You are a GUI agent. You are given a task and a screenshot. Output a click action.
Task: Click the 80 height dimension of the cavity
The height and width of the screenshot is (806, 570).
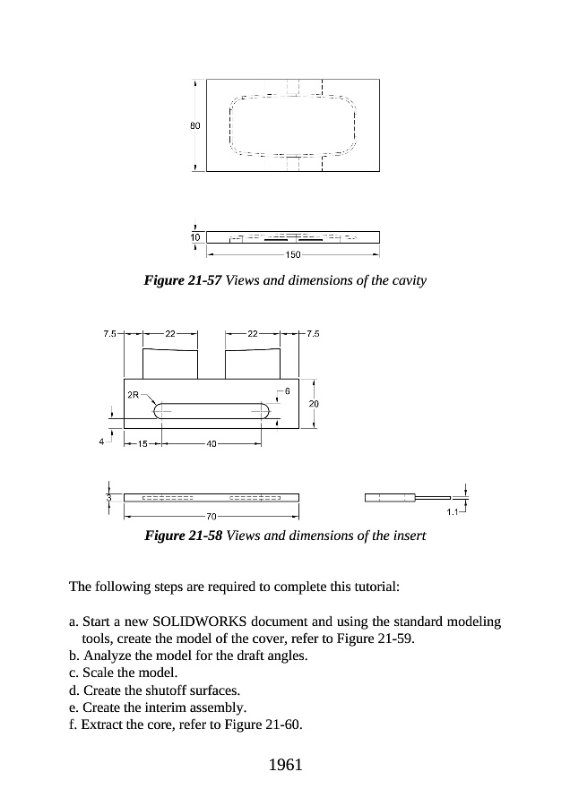(194, 125)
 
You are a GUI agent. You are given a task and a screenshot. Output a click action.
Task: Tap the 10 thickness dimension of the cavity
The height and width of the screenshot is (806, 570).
(195, 236)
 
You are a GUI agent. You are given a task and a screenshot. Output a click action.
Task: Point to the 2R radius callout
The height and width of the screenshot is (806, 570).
(133, 394)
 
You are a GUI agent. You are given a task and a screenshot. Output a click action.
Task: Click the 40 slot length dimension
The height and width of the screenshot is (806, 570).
(212, 444)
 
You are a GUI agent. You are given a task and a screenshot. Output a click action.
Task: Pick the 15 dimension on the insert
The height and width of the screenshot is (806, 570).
(142, 444)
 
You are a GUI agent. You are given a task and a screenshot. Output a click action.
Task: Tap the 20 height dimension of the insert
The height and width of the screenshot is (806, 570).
(314, 404)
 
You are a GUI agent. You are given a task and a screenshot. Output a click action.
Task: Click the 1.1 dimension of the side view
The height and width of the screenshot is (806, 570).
(453, 512)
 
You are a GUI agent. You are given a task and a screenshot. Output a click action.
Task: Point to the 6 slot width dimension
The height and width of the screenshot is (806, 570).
(287, 391)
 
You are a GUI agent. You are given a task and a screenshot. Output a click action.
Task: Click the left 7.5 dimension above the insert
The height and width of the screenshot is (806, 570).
(108, 333)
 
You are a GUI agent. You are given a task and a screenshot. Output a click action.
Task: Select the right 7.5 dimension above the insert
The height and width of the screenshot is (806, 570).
(313, 333)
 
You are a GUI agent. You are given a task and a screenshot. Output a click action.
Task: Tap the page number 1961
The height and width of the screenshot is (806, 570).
(284, 765)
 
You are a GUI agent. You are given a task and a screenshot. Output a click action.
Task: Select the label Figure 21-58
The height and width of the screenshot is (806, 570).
(183, 536)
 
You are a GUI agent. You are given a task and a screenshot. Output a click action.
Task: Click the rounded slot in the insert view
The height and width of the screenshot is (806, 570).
(212, 411)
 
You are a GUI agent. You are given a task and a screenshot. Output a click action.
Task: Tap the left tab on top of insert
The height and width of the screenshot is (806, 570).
(170, 364)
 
